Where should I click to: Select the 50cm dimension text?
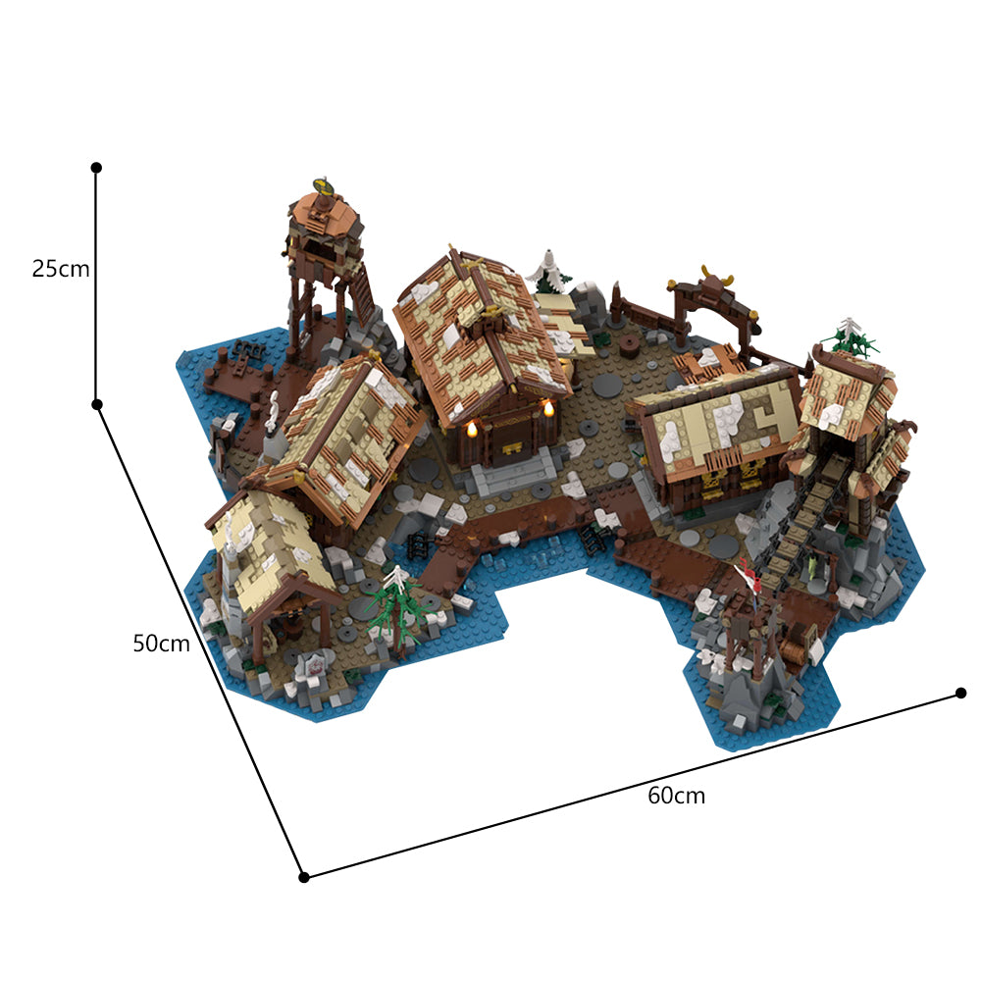tap(161, 644)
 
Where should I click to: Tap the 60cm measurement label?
tap(676, 796)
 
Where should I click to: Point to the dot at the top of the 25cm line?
tap(96, 168)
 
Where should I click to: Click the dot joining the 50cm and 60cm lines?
tap(304, 876)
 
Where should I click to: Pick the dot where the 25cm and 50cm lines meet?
tap(97, 404)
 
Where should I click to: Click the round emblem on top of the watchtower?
tap(321, 184)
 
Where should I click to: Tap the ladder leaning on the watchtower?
tap(362, 284)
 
